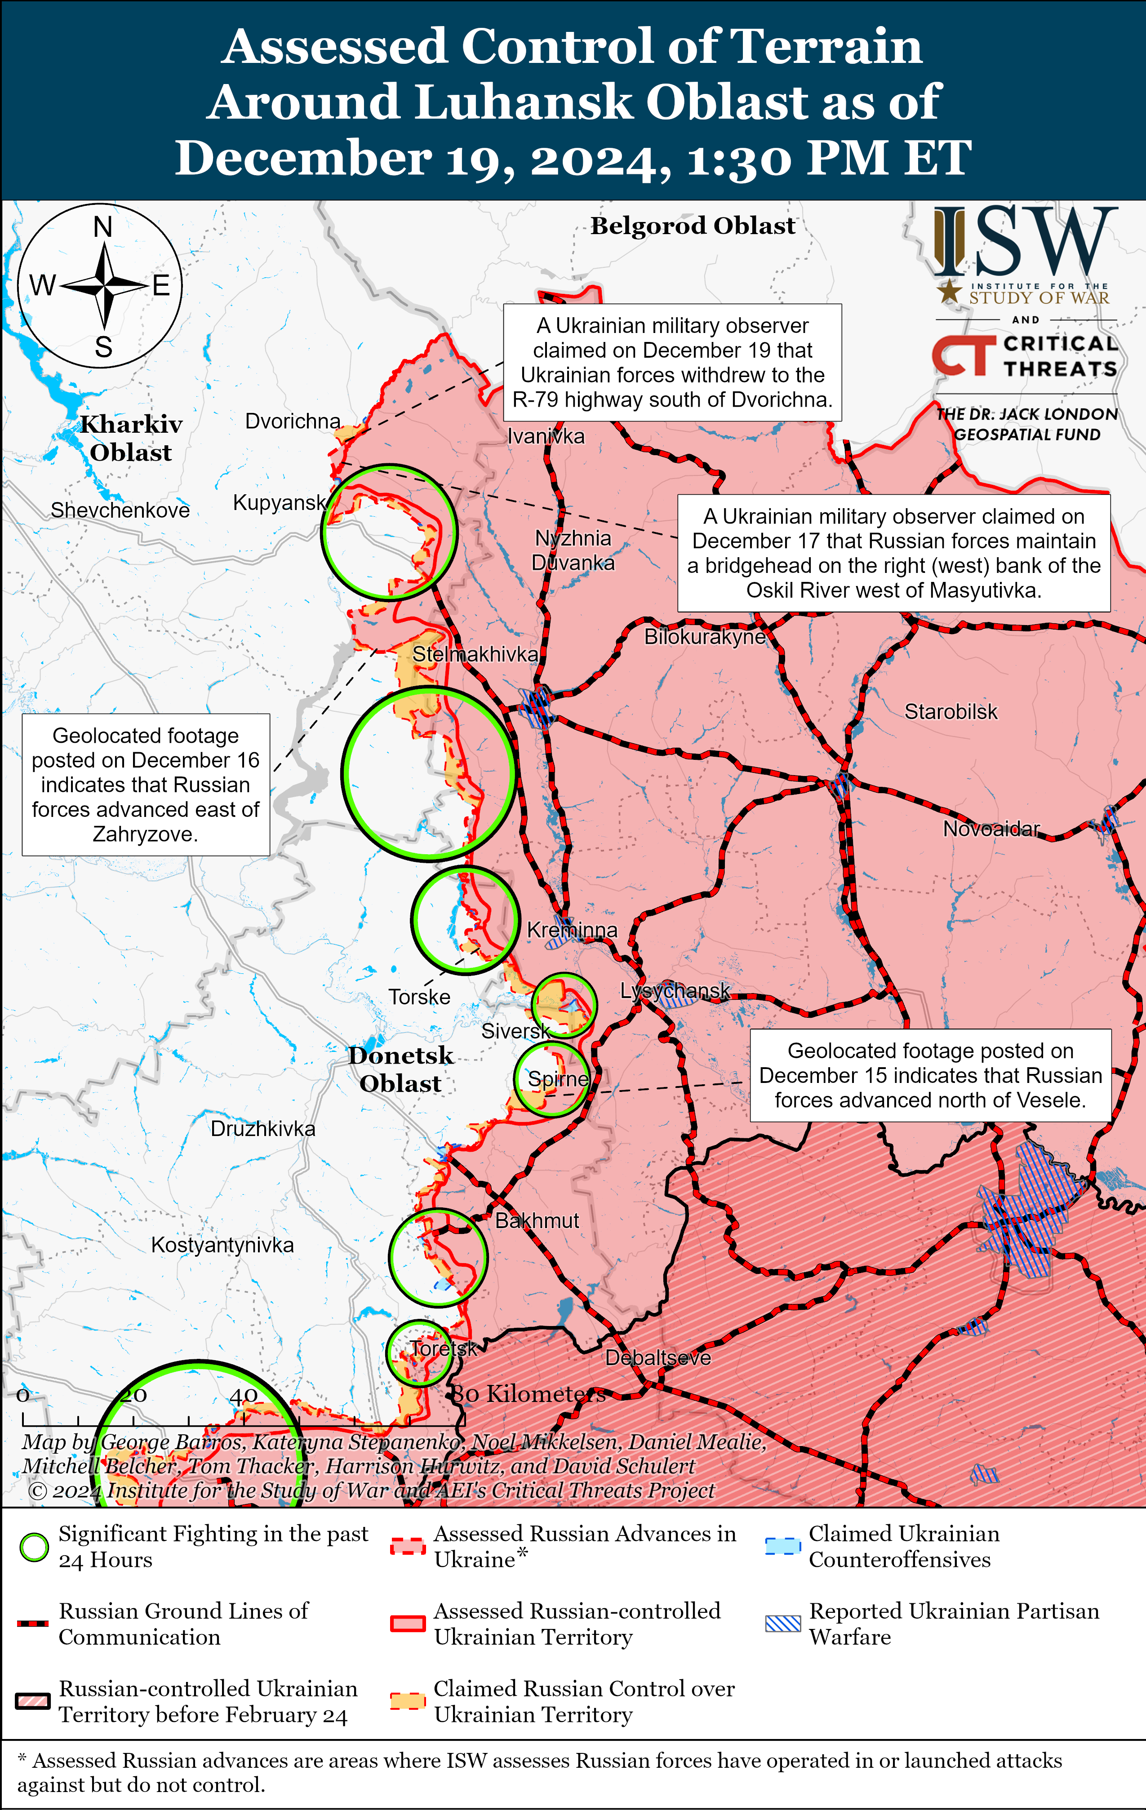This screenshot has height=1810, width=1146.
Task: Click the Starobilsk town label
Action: tap(951, 712)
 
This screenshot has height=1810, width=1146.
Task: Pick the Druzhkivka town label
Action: tap(262, 1128)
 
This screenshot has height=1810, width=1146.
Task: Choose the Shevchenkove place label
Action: tap(120, 510)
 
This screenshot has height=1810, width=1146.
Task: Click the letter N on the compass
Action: tap(103, 227)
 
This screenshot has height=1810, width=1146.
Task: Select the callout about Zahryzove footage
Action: tap(146, 784)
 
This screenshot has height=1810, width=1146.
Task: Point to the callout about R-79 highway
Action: tap(672, 362)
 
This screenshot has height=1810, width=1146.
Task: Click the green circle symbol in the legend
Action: tap(34, 1548)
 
